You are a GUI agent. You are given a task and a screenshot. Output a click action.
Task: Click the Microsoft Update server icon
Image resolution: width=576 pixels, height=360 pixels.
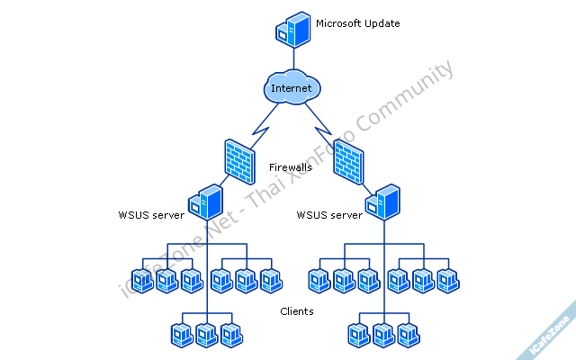click(x=292, y=27)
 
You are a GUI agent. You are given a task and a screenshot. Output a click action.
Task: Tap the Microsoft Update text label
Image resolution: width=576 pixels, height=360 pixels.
click(x=357, y=22)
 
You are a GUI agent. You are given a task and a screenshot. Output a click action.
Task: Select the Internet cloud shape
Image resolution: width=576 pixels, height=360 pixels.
click(x=292, y=87)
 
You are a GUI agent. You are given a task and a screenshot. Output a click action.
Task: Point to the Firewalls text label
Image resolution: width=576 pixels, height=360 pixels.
click(x=291, y=167)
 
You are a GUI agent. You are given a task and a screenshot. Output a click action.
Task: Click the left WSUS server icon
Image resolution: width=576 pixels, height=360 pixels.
click(x=207, y=202)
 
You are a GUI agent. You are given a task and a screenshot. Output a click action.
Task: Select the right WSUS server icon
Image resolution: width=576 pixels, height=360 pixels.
click(x=385, y=202)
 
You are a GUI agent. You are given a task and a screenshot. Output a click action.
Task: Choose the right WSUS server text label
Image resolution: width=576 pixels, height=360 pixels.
click(x=329, y=215)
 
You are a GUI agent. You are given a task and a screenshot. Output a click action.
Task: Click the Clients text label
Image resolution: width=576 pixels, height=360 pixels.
click(x=296, y=311)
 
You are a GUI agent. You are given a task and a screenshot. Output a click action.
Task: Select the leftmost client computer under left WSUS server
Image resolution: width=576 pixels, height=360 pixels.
click(x=141, y=281)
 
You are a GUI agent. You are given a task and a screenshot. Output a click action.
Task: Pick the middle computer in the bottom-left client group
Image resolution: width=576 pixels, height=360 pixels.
click(x=207, y=335)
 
